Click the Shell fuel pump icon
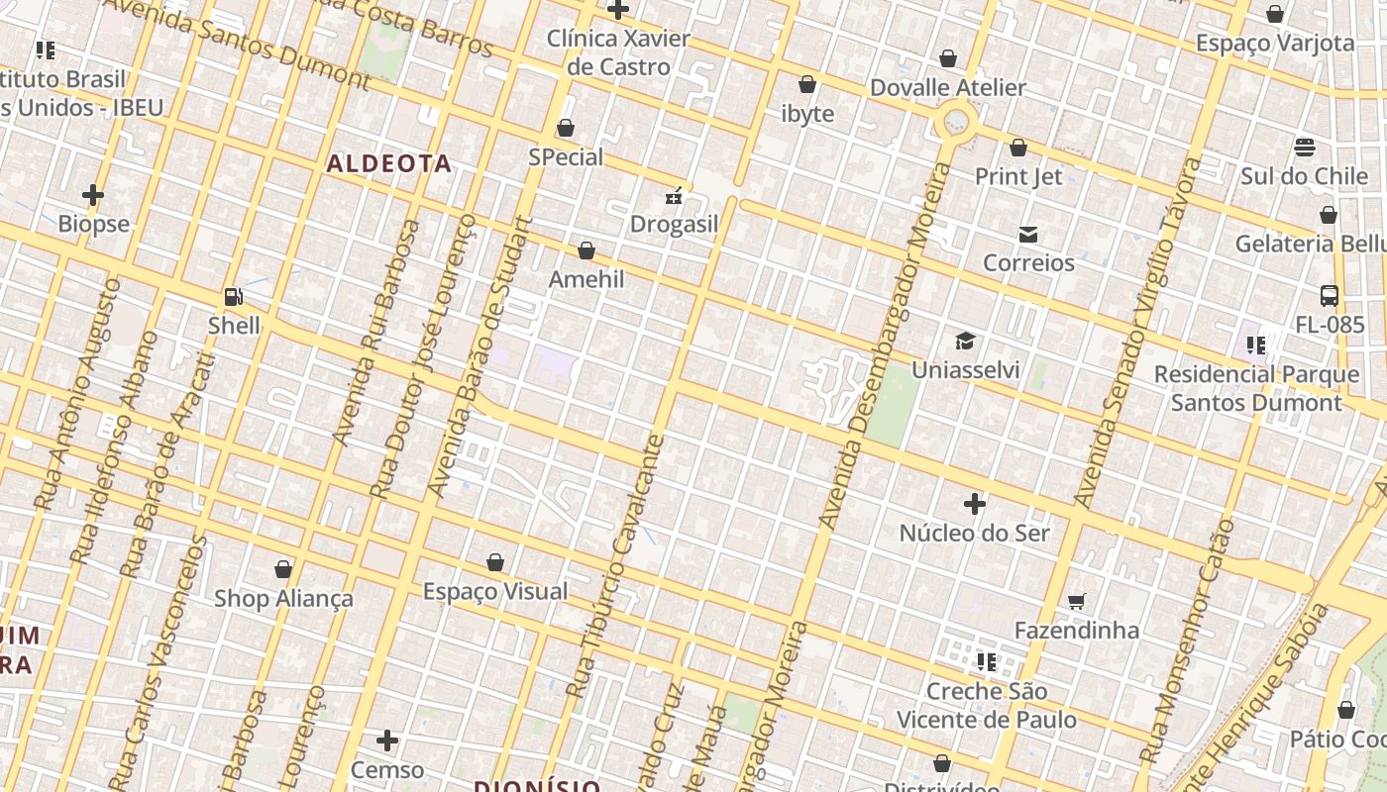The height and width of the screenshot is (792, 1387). [234, 296]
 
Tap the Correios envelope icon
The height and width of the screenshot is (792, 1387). [1028, 235]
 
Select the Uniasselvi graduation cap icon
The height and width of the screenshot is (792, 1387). [965, 342]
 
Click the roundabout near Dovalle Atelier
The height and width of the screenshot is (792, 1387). [956, 122]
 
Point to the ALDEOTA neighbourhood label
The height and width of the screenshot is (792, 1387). [389, 163]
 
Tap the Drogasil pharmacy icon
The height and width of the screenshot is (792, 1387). [674, 196]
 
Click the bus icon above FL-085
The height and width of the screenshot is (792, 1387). [1330, 296]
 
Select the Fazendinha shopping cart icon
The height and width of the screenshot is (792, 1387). [1077, 601]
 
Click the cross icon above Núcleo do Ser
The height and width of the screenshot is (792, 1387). [975, 504]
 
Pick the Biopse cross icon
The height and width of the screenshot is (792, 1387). [93, 195]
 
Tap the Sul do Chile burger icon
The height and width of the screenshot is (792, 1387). [1305, 148]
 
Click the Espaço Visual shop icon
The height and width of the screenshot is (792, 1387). [495, 563]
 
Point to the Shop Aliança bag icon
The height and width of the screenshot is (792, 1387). [283, 569]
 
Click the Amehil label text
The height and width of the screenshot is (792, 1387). [587, 279]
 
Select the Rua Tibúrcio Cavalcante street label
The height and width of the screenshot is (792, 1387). [613, 564]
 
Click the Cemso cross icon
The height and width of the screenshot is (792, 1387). [387, 741]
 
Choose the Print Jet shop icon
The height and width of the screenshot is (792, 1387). [1018, 148]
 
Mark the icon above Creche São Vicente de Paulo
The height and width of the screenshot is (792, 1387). [986, 661]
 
